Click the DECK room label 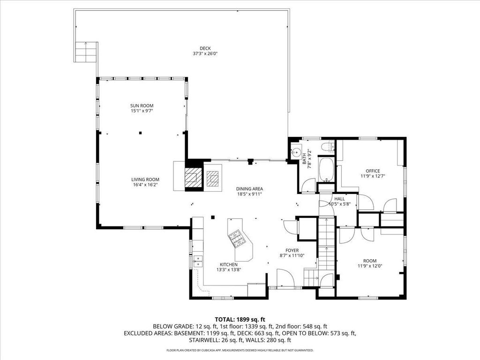pyautogui.click(x=205, y=48)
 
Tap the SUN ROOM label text pyautogui.click(x=142, y=105)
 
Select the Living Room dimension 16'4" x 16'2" pyautogui.click(x=145, y=185)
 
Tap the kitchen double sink pyautogui.click(x=198, y=261)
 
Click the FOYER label pyautogui.click(x=292, y=250)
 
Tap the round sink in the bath pyautogui.click(x=295, y=152)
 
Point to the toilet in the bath pyautogui.click(x=329, y=147)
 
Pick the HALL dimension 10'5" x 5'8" pyautogui.click(x=339, y=204)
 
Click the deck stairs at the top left pyautogui.click(x=86, y=52)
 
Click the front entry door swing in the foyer pyautogui.click(x=285, y=278)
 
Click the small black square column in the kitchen pyautogui.click(x=212, y=217)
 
